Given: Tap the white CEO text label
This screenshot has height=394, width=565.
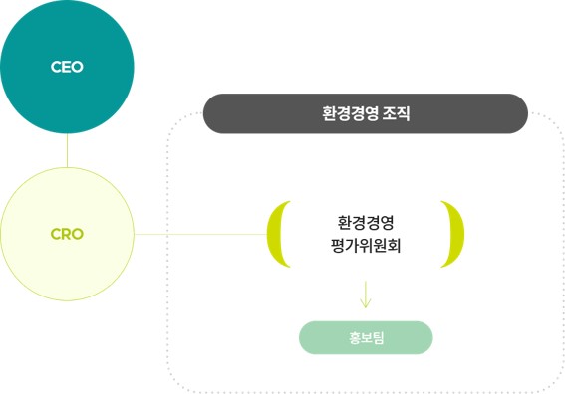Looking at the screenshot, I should click(67, 68).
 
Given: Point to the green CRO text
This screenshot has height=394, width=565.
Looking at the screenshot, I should click(67, 235).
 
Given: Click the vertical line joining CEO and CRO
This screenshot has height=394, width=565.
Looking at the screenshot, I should click(67, 151).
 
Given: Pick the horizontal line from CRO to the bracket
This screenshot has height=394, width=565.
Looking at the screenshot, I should click(199, 235).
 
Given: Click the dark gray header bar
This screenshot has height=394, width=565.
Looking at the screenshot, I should click(365, 113).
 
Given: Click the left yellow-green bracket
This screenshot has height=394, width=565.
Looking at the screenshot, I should click(276, 235).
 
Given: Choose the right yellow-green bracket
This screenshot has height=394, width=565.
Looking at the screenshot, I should click(455, 235).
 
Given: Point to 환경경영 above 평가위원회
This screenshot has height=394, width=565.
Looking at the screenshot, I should click(366, 221).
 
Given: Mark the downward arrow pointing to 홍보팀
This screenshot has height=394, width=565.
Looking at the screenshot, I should click(366, 293).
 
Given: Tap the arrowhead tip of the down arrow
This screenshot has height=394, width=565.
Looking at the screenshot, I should click(366, 306).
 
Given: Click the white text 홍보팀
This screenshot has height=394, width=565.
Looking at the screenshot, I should click(366, 338).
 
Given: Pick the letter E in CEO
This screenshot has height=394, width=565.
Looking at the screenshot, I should click(67, 68).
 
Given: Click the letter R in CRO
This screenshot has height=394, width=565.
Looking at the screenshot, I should click(67, 235).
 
